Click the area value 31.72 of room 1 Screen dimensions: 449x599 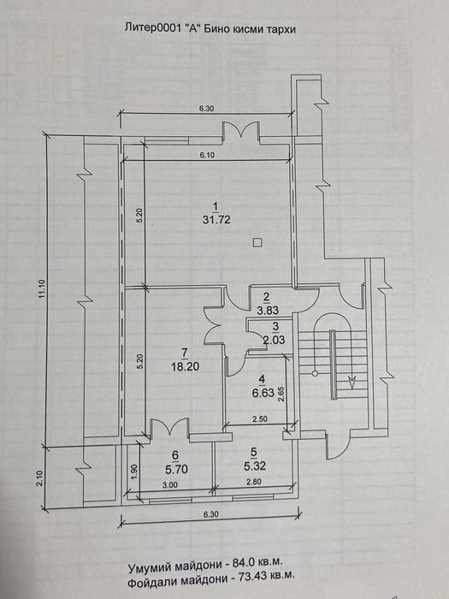tap(217, 221)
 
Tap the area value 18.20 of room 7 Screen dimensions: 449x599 tap(186, 367)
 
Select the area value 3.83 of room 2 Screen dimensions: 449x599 tap(268, 311)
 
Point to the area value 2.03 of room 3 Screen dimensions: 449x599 tap(275, 339)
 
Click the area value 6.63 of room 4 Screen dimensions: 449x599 tap(263, 392)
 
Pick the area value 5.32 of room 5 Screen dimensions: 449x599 tap(255, 466)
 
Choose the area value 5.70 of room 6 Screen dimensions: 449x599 tap(177, 469)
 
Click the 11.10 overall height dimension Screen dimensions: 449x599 tap(42, 289)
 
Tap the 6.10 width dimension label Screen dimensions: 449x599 tap(207, 155)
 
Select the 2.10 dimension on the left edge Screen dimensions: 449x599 tap(41, 477)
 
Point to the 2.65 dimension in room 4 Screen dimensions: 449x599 tap(281, 394)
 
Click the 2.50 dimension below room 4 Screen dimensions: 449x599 tap(260, 418)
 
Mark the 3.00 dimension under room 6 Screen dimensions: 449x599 tap(170, 485)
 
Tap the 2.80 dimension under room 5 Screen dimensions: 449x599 tap(254, 482)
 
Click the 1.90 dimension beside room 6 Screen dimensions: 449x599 tap(133, 470)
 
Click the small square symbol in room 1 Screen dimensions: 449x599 tap(257, 242)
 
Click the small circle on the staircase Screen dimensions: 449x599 tap(315, 373)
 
